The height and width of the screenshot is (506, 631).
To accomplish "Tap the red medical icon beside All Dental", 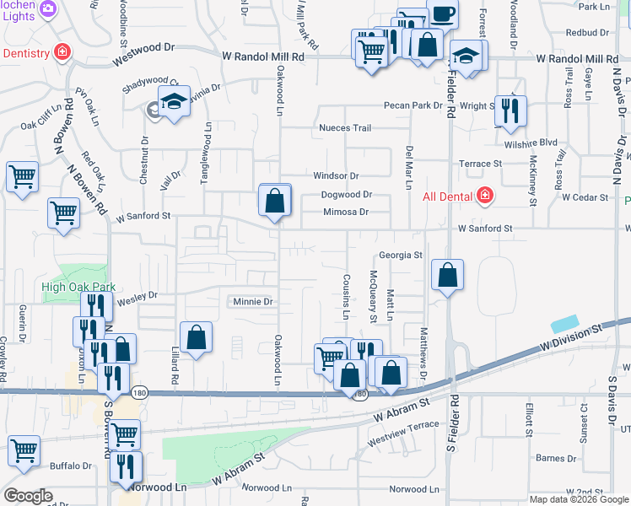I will (x=485, y=197).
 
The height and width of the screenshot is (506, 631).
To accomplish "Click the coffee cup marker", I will (x=443, y=13).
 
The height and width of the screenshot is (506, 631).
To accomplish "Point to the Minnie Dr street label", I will (x=252, y=301).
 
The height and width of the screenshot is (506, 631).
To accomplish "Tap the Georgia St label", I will (x=400, y=255).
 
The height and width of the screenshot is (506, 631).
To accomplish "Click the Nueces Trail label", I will (x=344, y=128).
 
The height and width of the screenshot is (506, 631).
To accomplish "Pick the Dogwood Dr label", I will (x=347, y=195).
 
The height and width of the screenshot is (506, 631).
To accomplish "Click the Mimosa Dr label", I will (x=346, y=213).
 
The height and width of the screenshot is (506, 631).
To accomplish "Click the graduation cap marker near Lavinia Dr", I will (x=174, y=102).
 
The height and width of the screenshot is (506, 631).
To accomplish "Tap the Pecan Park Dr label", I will (x=413, y=105).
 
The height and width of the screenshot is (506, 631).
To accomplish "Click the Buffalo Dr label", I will (x=71, y=466).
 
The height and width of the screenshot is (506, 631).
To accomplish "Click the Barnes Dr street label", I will (x=554, y=458).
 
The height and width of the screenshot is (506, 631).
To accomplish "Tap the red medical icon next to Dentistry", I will (x=62, y=52).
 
